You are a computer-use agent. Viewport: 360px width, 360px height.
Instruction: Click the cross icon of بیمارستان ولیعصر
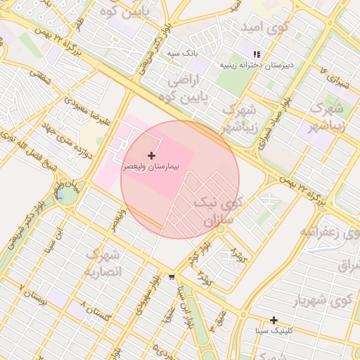pos(151,155)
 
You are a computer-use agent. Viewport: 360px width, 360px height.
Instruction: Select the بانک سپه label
pos(182,53)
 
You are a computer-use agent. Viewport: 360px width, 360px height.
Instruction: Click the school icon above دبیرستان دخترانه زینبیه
pos(257,54)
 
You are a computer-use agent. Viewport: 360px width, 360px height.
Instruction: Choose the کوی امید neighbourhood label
pos(264,28)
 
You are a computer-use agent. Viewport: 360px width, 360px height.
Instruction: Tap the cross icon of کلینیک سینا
pos(274,320)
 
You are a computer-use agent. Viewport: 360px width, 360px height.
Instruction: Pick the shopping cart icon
pos(172,277)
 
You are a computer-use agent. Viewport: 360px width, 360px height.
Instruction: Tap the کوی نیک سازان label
pos(224,211)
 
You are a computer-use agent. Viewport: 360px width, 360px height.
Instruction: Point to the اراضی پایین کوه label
pos(188,89)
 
